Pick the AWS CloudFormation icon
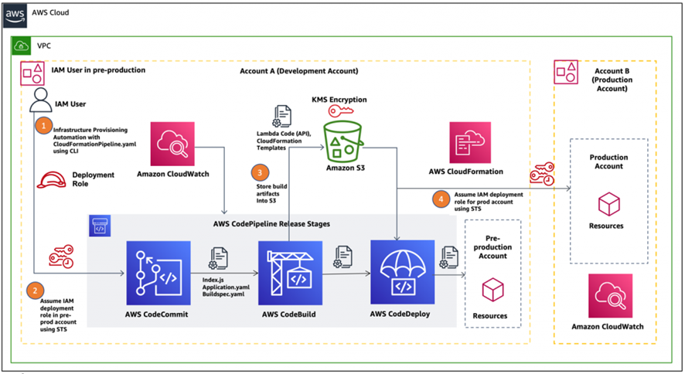pos(470,143)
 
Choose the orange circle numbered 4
pos(441,199)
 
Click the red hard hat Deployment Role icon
pos(51,180)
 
